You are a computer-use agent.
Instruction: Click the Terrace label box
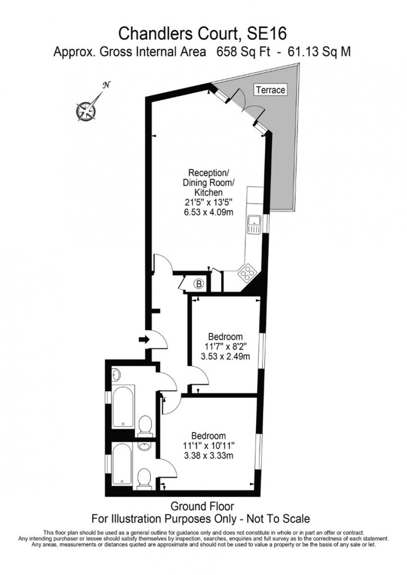point(271,90)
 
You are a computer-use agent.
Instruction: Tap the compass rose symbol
point(86,110)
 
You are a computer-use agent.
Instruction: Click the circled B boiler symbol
point(199,284)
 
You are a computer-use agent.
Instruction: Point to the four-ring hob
point(247,273)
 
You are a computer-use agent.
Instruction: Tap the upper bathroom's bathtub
point(124,407)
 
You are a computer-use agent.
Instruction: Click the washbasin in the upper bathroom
point(116,375)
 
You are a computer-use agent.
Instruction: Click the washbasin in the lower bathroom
point(144,447)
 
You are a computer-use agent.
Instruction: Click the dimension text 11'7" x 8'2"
point(225,346)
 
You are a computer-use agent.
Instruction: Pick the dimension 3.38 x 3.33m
point(208,456)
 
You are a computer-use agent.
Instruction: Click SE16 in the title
point(267,34)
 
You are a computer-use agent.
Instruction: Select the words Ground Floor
point(202,506)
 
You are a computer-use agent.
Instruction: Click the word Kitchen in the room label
point(208,192)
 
